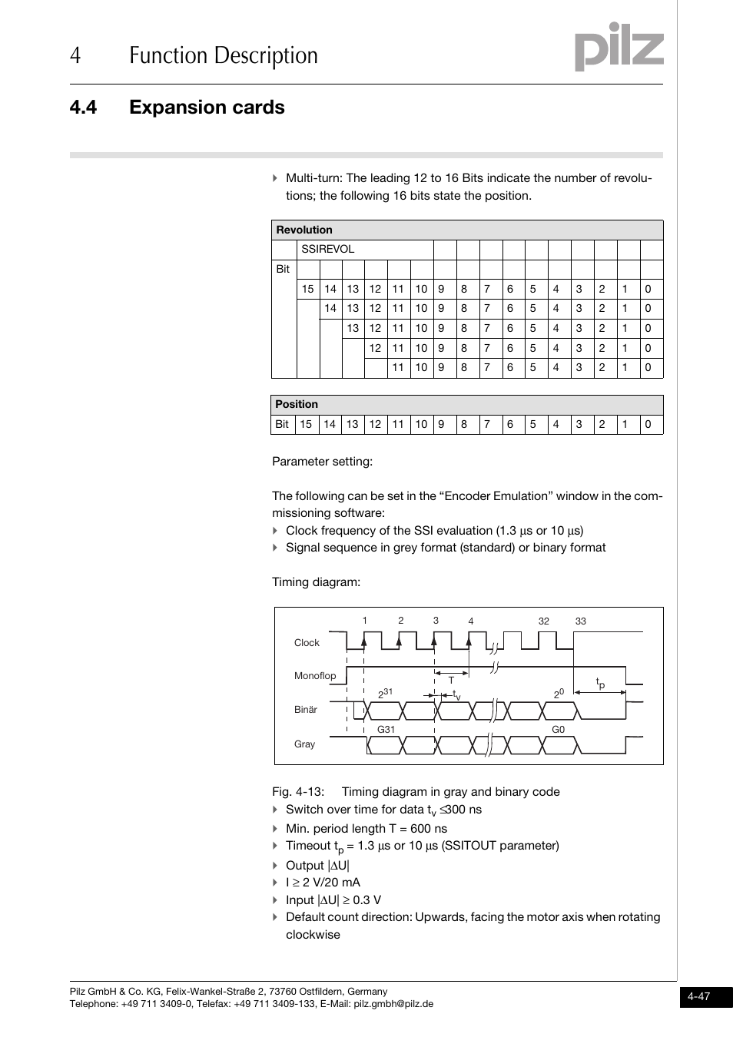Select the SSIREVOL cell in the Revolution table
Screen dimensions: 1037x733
coord(328,250)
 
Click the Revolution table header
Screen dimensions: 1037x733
coord(305,230)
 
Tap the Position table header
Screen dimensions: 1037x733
coord(297,404)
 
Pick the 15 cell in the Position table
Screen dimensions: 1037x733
coord(306,424)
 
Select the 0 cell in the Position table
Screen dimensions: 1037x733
coord(648,424)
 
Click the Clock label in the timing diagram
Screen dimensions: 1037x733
coord(307,643)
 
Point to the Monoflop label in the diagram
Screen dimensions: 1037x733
coord(315,676)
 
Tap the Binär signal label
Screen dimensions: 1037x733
coord(306,710)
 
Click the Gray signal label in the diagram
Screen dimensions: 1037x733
coord(305,744)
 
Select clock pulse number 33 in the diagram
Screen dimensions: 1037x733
coord(581,621)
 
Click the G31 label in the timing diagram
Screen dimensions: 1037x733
coord(386,729)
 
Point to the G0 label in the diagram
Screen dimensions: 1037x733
coord(559,729)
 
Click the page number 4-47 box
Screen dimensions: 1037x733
coord(699,996)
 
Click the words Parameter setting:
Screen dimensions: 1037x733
coord(322,462)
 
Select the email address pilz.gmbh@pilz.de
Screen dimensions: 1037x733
coord(393,1004)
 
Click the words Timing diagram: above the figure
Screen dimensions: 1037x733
coord(316,582)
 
